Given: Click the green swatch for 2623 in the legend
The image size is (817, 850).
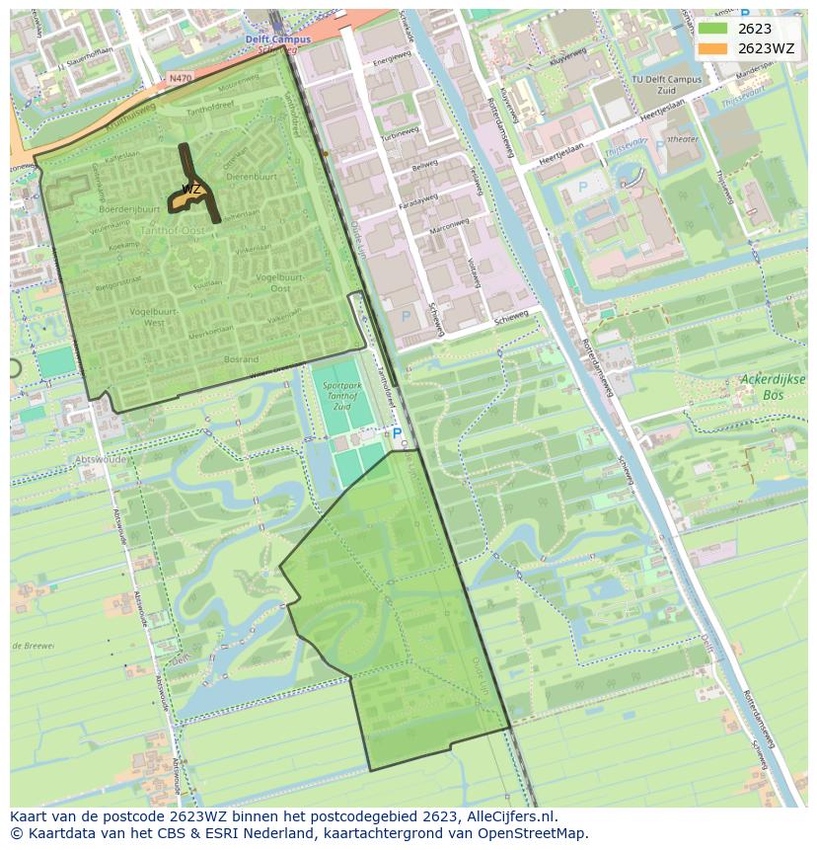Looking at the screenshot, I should [x=714, y=29].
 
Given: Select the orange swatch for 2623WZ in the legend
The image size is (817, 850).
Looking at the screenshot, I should [x=714, y=48].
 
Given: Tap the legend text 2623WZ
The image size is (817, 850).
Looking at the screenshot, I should [x=766, y=48].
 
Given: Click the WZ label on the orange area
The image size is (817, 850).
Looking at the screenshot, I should [x=190, y=189].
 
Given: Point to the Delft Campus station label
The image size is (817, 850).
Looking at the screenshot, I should [x=277, y=39].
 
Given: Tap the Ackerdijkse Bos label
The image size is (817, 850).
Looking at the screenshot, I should [x=773, y=386].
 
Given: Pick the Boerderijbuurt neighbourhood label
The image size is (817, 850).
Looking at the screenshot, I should [x=129, y=209].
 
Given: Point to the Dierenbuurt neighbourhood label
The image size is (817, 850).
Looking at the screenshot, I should [x=252, y=176].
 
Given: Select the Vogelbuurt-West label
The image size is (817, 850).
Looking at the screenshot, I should [x=139, y=316].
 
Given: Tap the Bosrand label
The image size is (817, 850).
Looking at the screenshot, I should [x=241, y=359].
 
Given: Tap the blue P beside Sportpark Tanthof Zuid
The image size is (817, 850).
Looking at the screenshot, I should [x=397, y=432].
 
